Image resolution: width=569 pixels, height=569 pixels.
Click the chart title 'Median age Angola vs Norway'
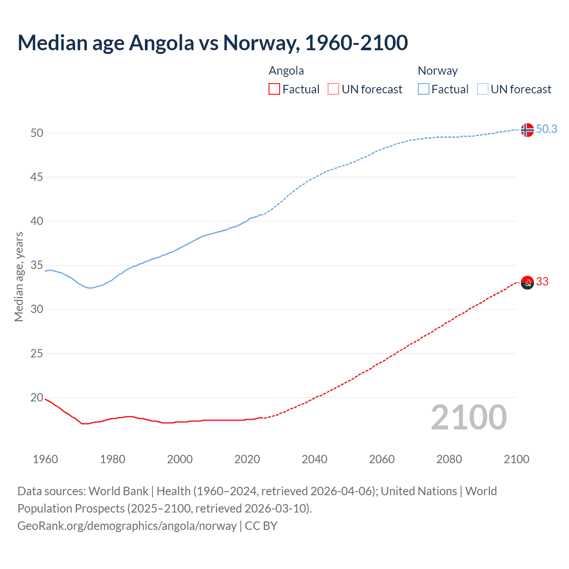212,43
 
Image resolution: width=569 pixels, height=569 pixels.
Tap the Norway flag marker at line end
527,130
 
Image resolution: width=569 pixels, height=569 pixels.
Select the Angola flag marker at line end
527,283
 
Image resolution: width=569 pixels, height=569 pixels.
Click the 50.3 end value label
546,129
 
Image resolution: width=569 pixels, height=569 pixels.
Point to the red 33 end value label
542,282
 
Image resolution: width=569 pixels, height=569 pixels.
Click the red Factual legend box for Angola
274,89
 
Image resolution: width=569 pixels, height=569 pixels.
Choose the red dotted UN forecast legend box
333,89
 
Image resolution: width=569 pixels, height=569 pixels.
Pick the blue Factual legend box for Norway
424,89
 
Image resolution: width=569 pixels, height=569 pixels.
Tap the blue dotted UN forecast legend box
482,89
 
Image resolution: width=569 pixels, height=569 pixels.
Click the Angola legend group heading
286,71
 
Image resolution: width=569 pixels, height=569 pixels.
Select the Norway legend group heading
437,71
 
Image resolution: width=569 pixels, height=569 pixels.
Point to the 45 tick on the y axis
37,177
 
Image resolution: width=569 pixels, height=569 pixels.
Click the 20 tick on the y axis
37,398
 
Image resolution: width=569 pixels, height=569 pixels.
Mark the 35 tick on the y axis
37,266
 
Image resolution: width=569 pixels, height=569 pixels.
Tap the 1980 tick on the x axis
112,459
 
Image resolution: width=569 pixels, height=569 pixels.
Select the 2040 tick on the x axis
314,459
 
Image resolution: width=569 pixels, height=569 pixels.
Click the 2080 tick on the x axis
449,459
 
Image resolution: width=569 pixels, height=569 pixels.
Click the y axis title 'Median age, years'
19,276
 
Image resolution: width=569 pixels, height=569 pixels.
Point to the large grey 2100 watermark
469,417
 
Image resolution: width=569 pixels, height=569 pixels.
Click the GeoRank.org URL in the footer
127,526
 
